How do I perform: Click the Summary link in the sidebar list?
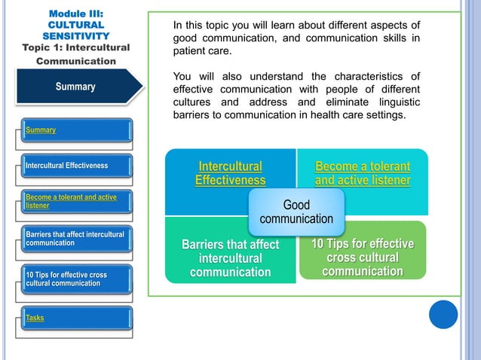[x=41, y=130]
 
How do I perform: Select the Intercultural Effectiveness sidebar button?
[x=67, y=166]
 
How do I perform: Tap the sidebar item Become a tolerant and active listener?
[x=71, y=202]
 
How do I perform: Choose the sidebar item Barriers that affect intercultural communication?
[x=74, y=239]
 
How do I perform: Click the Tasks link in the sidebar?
[x=35, y=318]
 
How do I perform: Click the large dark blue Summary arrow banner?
[x=75, y=87]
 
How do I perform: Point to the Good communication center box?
[x=296, y=212]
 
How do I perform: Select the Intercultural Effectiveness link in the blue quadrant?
[x=230, y=173]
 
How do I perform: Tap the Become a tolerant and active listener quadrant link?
[x=362, y=173]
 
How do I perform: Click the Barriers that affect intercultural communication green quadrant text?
[x=230, y=258]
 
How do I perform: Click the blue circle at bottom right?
[x=443, y=314]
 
